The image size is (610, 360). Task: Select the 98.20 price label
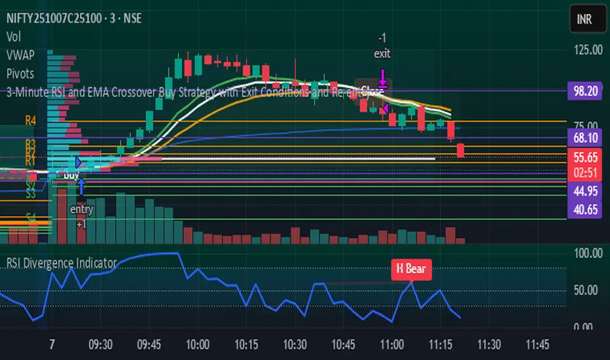pyautogui.click(x=584, y=94)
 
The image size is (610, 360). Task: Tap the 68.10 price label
pyautogui.click(x=584, y=138)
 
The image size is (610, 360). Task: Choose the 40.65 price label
pyautogui.click(x=584, y=211)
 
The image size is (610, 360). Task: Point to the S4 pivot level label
pyautogui.click(x=31, y=217)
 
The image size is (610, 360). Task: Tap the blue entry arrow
pyautogui.click(x=81, y=189)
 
